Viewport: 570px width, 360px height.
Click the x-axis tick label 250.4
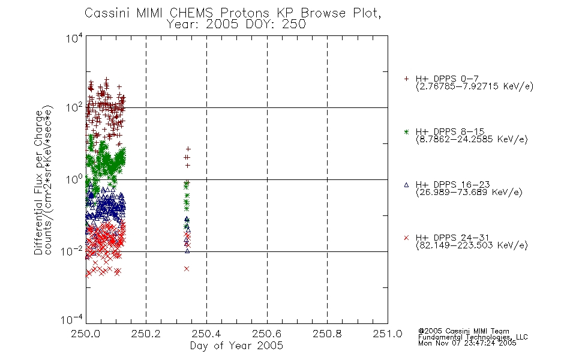pyautogui.click(x=206, y=334)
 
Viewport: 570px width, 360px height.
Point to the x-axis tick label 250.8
pyautogui.click(x=327, y=334)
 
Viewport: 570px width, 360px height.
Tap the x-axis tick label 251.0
pyautogui.click(x=388, y=334)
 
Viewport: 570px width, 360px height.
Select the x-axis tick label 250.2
pyautogui.click(x=146, y=334)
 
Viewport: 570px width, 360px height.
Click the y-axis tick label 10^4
pyautogui.click(x=74, y=38)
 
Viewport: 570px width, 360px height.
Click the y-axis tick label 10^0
pyautogui.click(x=74, y=179)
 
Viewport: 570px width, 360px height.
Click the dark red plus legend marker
pyautogui.click(x=406, y=79)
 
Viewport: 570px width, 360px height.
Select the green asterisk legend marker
pyautogui.click(x=406, y=131)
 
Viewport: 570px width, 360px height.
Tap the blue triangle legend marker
pyautogui.click(x=406, y=185)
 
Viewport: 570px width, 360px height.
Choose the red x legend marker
pyautogui.click(x=406, y=238)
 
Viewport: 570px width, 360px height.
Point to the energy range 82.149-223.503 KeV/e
pyautogui.click(x=472, y=245)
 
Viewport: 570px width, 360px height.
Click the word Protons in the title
pyautogui.click(x=245, y=13)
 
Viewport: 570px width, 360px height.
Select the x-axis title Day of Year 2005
pyautogui.click(x=236, y=346)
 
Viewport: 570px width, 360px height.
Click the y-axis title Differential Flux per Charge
pyautogui.click(x=38, y=182)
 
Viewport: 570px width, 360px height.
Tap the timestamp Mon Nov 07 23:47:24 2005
pyautogui.click(x=467, y=343)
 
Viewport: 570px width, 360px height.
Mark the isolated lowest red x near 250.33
pyautogui.click(x=187, y=269)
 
